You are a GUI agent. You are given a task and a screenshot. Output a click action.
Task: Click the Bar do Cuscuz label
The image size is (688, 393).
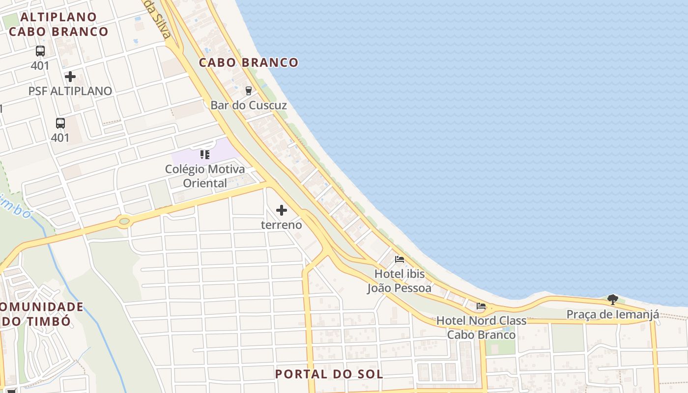[x=249, y=105]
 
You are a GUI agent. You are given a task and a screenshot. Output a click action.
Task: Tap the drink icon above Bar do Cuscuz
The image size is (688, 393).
[x=248, y=91]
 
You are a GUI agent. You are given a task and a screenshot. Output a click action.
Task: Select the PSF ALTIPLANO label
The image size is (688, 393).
[x=70, y=91]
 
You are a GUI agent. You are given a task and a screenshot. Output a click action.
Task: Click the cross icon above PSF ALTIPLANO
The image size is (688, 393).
[x=70, y=77]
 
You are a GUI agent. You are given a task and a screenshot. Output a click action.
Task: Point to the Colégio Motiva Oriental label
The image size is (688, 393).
[x=205, y=176]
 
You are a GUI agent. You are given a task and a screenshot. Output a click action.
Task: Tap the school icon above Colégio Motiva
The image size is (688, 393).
[x=205, y=155]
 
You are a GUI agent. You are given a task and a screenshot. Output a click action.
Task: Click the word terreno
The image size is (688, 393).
[x=281, y=225]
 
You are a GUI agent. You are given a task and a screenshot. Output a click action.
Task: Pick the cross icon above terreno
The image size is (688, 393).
[x=282, y=211]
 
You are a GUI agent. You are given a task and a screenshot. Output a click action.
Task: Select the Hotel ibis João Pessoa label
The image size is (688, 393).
[x=399, y=281]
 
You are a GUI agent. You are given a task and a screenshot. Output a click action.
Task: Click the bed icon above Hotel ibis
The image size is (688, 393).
[x=400, y=259]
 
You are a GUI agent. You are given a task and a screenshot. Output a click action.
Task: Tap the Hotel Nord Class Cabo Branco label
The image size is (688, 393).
[x=481, y=328]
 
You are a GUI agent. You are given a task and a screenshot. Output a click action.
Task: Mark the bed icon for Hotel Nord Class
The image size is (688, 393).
[x=481, y=306]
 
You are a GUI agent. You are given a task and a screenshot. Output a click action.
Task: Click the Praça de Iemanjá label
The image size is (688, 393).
[x=612, y=314]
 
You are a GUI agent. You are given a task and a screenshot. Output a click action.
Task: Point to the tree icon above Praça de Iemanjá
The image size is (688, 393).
[x=612, y=299]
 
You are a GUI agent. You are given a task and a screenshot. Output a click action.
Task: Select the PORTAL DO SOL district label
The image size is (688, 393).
[x=329, y=374]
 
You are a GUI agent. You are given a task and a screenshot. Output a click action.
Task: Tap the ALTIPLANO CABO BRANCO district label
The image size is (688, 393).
[x=59, y=24]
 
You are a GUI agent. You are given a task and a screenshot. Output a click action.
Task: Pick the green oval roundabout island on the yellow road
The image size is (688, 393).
[x=124, y=222]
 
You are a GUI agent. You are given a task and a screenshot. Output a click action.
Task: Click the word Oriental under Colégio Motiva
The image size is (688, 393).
[x=205, y=183]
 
